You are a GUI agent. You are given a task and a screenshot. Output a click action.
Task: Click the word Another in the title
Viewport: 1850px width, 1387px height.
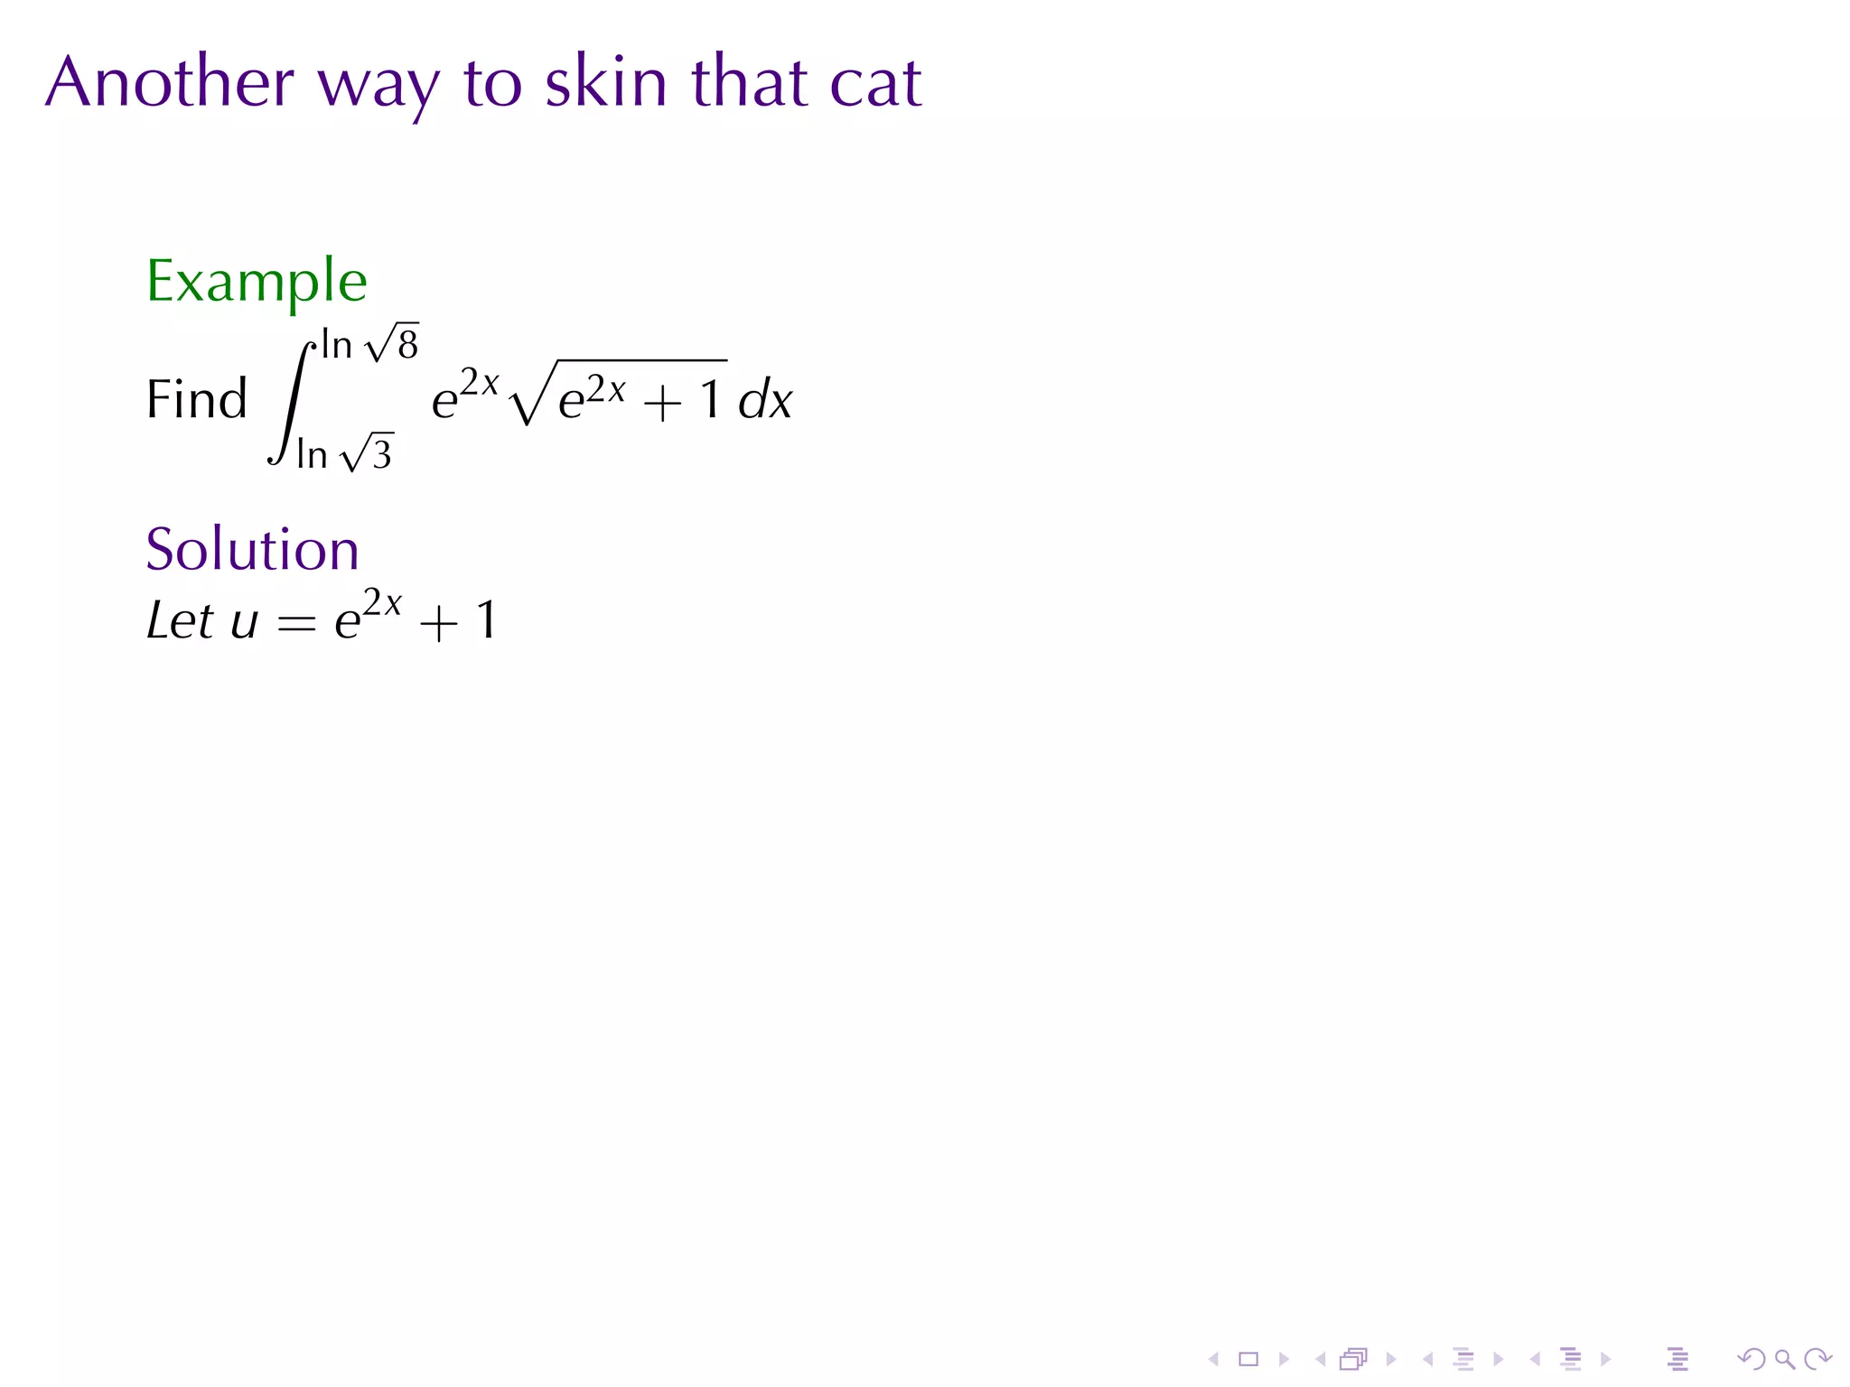[170, 82]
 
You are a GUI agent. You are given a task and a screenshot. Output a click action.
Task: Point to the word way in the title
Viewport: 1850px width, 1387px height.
[378, 88]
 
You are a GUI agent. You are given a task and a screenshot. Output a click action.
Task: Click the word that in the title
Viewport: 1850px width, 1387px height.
[749, 82]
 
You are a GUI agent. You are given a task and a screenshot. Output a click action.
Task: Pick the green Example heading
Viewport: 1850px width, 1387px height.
[257, 282]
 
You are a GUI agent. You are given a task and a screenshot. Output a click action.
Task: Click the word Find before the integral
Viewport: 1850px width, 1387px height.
[196, 399]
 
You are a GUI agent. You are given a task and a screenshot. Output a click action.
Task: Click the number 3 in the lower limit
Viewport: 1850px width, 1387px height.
[382, 455]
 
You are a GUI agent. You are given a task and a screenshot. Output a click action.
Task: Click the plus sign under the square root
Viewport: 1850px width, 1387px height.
[662, 403]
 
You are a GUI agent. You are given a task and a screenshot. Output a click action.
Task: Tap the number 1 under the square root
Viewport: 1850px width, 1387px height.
[711, 400]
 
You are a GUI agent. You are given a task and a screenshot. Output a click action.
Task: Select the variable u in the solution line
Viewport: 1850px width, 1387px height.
[244, 623]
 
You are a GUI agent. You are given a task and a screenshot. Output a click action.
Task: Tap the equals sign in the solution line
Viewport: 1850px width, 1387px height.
[296, 623]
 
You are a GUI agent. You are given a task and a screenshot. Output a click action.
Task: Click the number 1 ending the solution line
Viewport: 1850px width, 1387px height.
[486, 620]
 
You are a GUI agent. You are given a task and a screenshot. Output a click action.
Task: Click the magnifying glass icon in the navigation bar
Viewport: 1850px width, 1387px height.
[1784, 1359]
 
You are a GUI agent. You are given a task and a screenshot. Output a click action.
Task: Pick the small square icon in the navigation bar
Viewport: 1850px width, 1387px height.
[1248, 1359]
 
